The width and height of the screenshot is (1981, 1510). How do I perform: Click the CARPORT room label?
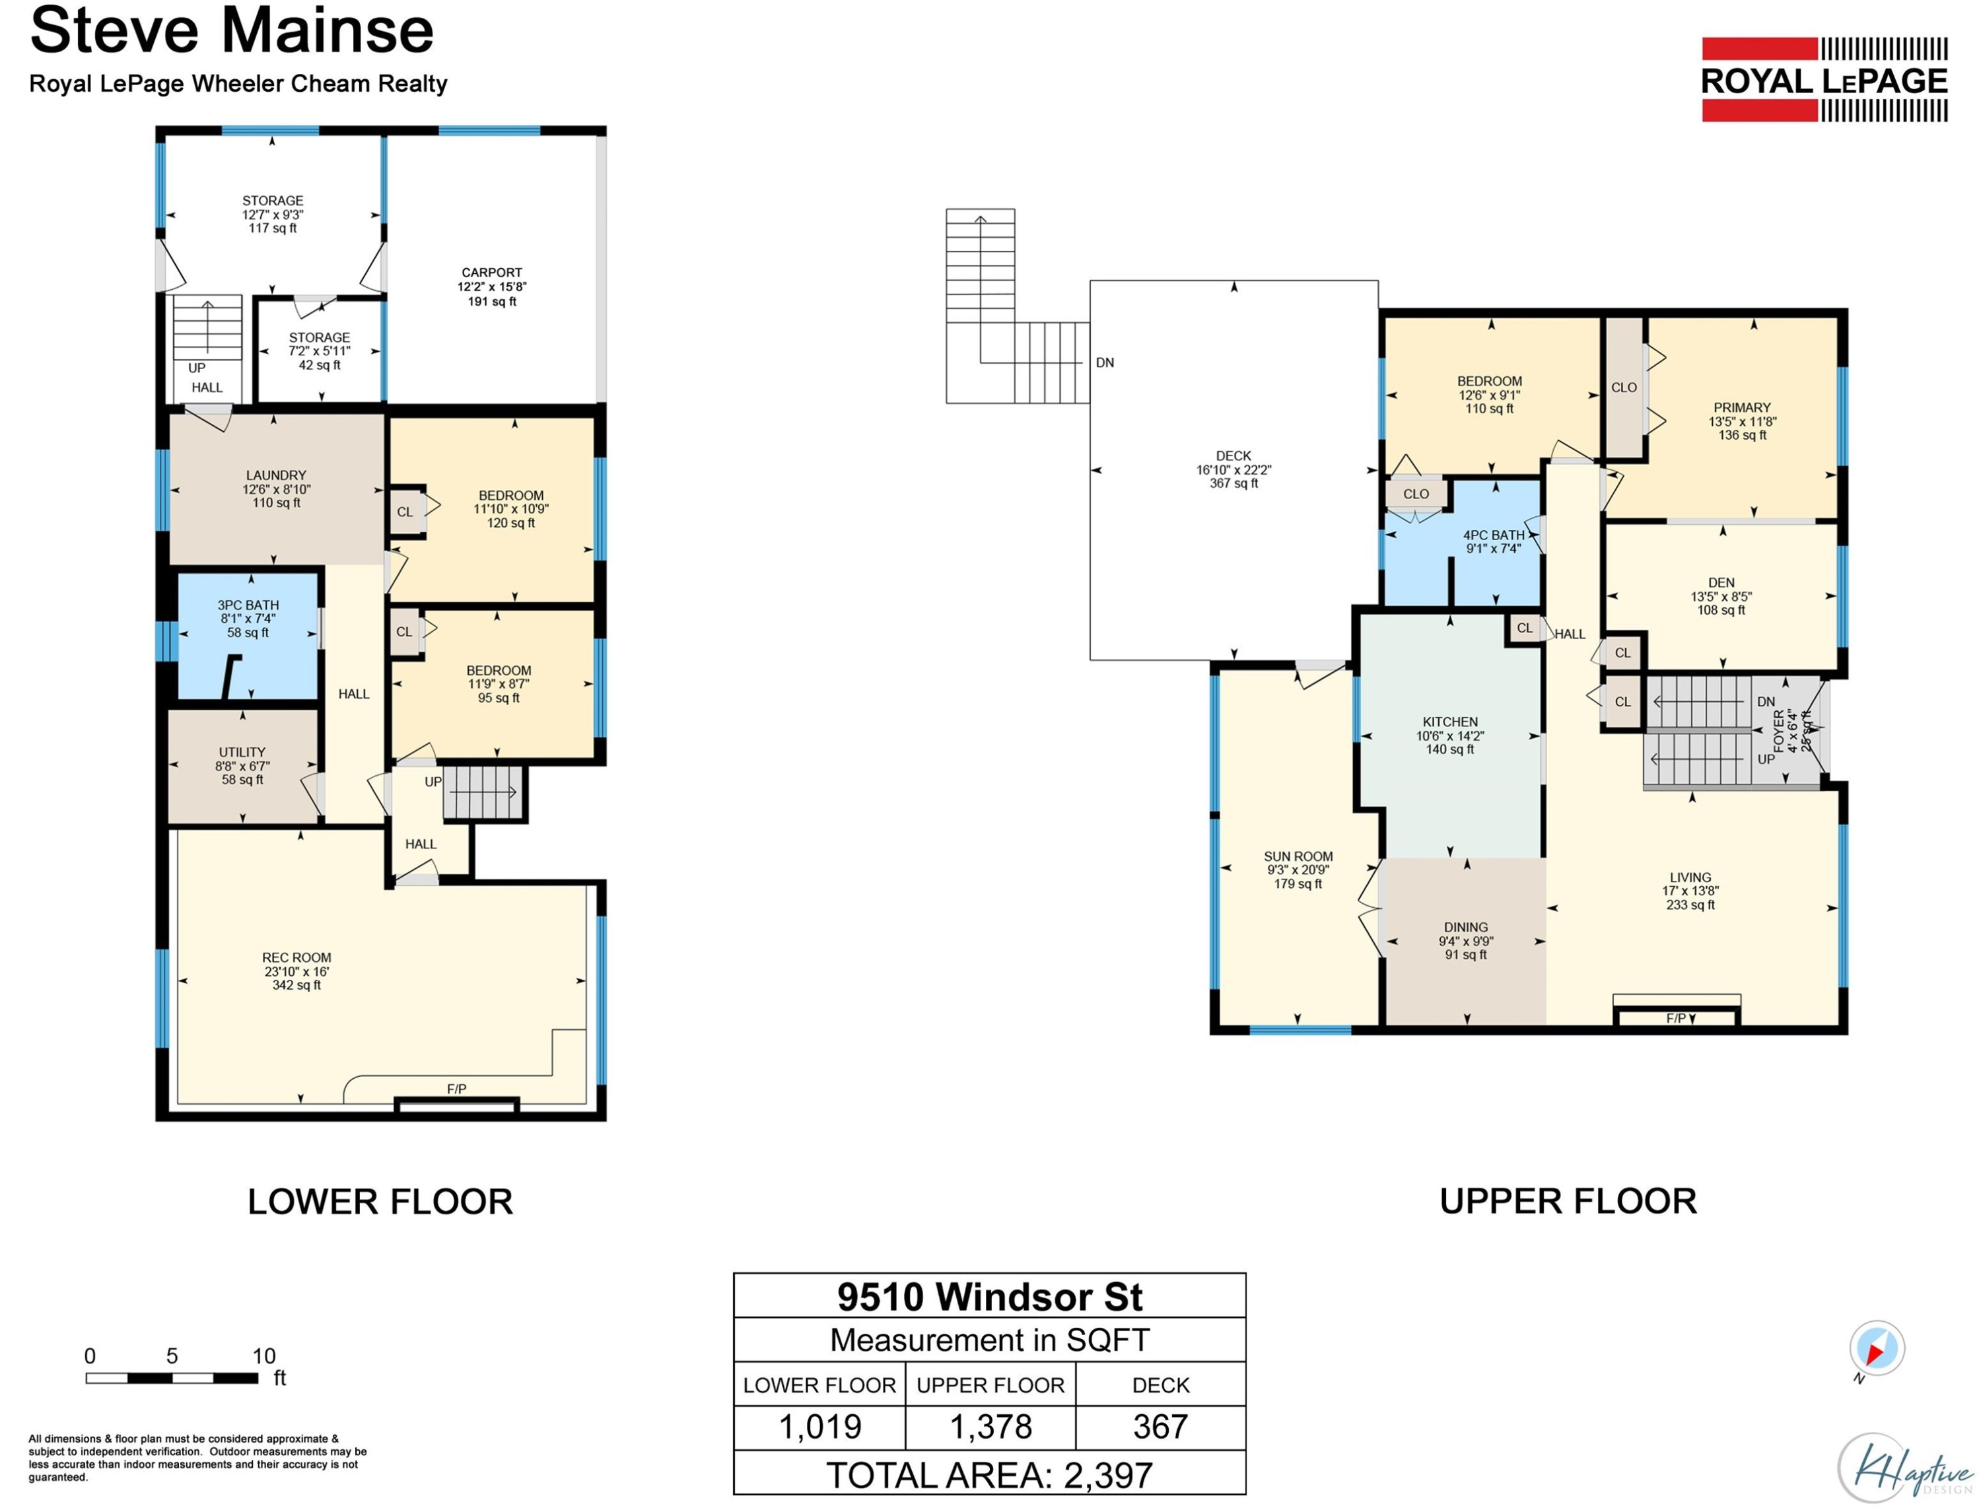[492, 272]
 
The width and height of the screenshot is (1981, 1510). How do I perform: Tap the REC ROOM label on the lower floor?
[296, 958]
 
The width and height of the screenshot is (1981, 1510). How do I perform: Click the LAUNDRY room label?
[276, 475]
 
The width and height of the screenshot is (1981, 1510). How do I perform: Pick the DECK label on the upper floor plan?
[1234, 456]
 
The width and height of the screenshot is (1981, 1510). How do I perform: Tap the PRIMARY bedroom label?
[1741, 407]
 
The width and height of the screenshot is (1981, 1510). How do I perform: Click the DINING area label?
[1465, 928]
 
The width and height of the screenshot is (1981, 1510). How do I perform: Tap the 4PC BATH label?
[1493, 535]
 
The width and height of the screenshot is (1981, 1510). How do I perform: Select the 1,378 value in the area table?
[990, 1426]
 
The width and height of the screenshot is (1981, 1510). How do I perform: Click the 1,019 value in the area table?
[819, 1426]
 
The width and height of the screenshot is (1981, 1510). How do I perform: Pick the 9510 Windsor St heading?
[990, 1297]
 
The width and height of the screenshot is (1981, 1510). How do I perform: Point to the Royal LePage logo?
[1824, 80]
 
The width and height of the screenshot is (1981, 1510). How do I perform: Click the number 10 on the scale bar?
[263, 1356]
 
